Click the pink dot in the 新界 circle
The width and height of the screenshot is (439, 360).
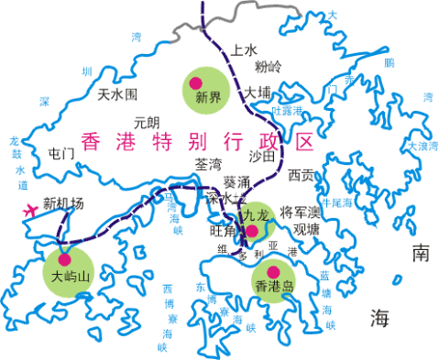(x=194, y=82)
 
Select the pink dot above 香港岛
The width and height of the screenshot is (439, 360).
(x=272, y=270)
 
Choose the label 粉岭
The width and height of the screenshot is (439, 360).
(x=269, y=67)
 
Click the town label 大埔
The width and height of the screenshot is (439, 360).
(x=257, y=93)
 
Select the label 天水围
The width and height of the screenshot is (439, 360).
(x=117, y=94)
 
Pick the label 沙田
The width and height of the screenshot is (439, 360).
(x=262, y=156)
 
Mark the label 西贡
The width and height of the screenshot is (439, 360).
(x=301, y=173)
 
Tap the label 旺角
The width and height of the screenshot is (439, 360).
(x=224, y=231)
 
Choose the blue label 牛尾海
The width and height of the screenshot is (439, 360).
(x=335, y=202)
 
